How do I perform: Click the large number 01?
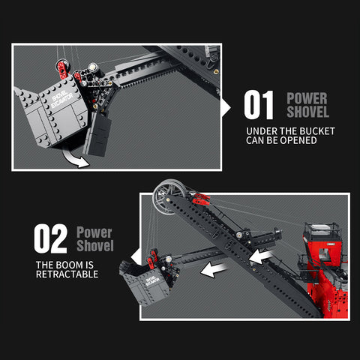(x=259, y=105)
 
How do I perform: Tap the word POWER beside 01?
(x=307, y=97)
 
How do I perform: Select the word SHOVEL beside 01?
(x=307, y=112)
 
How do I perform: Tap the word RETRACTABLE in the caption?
(x=67, y=274)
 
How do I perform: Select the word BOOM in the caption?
(x=76, y=265)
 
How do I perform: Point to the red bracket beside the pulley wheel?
(x=201, y=200)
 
